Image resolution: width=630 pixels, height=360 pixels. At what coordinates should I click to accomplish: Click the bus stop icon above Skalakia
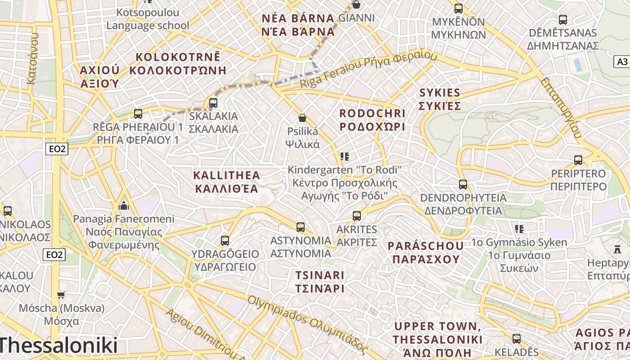pyautogui.click(x=213, y=103)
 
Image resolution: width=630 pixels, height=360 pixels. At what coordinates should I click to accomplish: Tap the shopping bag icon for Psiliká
pyautogui.click(x=302, y=118)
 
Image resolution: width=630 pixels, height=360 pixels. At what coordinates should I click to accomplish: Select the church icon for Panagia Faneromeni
pyautogui.click(x=124, y=206)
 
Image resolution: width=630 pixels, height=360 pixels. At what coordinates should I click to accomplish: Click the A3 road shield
pyautogui.click(x=622, y=62)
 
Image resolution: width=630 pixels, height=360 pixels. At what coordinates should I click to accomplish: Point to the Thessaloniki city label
pyautogui.click(x=58, y=346)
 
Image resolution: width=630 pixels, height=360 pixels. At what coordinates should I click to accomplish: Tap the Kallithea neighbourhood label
pyautogui.click(x=227, y=181)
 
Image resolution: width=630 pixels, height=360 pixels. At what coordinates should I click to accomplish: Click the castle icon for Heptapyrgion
pyautogui.click(x=617, y=248)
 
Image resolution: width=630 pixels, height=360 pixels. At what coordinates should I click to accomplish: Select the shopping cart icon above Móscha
pyautogui.click(x=61, y=295)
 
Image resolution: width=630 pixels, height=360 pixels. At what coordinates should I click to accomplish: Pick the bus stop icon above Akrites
pyautogui.click(x=357, y=216)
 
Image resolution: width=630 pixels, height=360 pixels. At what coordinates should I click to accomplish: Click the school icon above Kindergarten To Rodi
pyautogui.click(x=345, y=157)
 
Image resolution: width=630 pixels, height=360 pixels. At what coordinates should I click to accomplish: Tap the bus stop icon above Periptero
pyautogui.click(x=578, y=160)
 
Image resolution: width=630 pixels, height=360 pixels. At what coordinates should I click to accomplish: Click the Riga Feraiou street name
pyautogui.click(x=369, y=70)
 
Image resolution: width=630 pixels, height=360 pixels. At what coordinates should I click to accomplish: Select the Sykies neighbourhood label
pyautogui.click(x=440, y=99)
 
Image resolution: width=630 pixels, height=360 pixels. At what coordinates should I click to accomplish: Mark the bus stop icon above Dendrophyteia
pyautogui.click(x=463, y=184)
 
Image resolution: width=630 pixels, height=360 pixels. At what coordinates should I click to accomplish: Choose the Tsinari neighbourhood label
pyautogui.click(x=320, y=281)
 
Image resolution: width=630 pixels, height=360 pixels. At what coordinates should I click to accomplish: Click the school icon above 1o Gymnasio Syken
pyautogui.click(x=520, y=229)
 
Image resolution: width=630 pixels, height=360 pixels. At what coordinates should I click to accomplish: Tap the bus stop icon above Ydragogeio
pyautogui.click(x=225, y=241)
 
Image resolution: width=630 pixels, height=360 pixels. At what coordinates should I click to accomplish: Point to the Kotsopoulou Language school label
pyautogui.click(x=148, y=19)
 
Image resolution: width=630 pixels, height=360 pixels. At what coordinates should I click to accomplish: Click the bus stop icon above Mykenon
pyautogui.click(x=459, y=9)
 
